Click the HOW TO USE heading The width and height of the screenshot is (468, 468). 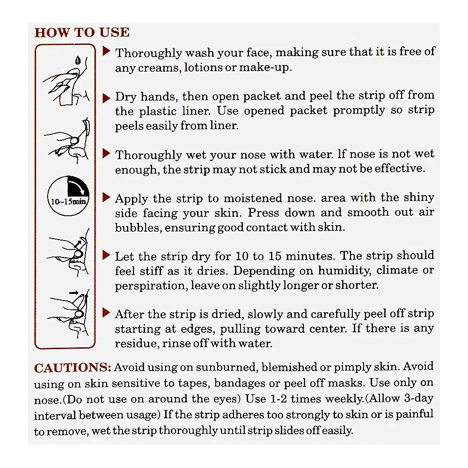pos(82,32)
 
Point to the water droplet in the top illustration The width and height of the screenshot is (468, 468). pos(78,60)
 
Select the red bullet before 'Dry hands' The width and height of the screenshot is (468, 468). pos(106,98)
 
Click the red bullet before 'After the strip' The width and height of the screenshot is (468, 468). pos(106,313)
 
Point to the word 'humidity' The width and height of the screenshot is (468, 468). pos(344,271)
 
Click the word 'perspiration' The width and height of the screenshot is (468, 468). pos(152,285)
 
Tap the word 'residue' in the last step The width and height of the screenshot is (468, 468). pos(137,343)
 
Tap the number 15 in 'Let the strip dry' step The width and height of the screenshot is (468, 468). pos(275,256)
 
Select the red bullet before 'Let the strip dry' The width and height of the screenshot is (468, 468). pos(106,255)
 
